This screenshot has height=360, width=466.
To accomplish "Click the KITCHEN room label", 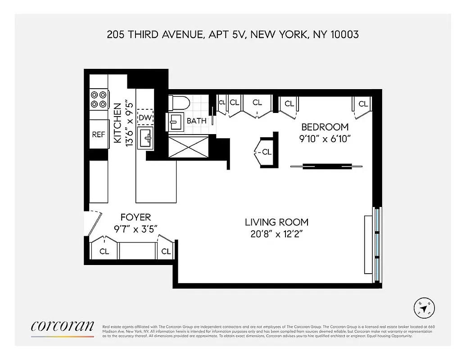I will coord(117,124).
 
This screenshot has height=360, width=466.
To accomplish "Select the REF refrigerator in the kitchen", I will coord(99,134).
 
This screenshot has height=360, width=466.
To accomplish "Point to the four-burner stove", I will coord(99,99).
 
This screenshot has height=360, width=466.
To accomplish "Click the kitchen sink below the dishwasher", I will coord(145,137).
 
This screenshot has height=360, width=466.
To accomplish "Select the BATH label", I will coord(197,121).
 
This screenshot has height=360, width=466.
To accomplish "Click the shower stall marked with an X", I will coord(188,146).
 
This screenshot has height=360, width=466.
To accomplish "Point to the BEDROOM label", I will coord(325,126).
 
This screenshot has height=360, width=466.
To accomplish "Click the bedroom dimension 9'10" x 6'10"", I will coord(325,139).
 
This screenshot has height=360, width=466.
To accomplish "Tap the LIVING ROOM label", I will coord(276,222).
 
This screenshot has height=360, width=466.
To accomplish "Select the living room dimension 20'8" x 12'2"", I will coord(276,234).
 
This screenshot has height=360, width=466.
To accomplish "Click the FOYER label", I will coord(136,217).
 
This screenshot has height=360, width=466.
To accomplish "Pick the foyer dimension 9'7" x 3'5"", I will coord(136,228).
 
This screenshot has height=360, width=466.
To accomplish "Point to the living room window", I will coord(377,244).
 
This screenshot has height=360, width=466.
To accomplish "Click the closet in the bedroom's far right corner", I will coord(363,104).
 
